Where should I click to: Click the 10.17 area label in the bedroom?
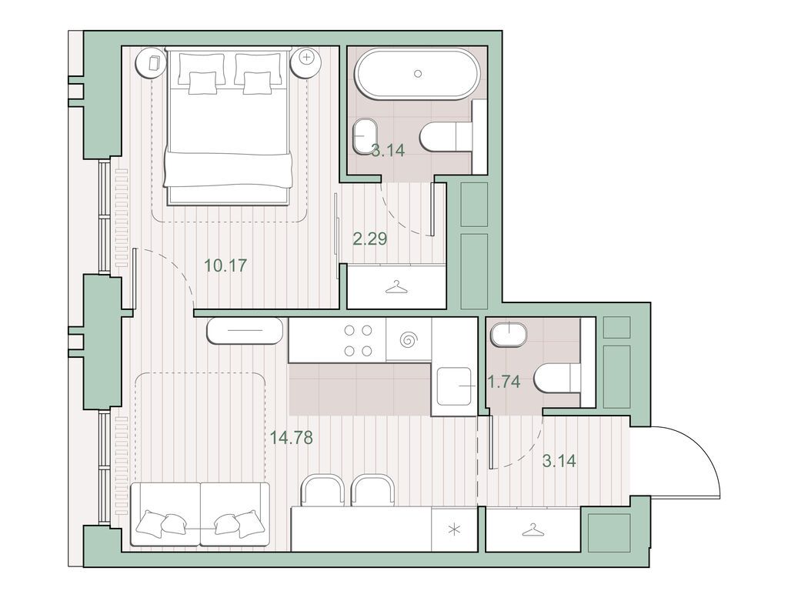tap(225, 266)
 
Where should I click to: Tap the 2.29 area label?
tap(369, 239)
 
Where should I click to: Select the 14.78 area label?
tap(292, 439)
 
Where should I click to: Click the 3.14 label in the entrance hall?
tap(559, 462)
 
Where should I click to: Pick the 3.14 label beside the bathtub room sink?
tap(388, 151)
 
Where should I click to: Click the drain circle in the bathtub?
tap(418, 74)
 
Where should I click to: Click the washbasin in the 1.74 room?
tap(508, 336)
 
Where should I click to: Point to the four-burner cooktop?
tap(358, 340)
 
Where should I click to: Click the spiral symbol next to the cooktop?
tap(408, 339)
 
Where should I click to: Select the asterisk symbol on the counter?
tap(454, 529)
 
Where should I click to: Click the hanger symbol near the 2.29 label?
tap(396, 287)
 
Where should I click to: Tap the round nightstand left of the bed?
tap(152, 62)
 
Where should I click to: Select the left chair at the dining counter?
tap(322, 490)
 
